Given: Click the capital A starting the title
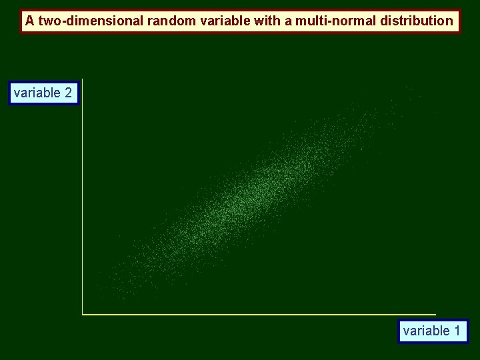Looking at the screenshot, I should pos(29,21).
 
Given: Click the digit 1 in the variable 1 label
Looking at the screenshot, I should pos(457,331).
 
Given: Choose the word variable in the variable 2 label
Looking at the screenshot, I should pos(37,93).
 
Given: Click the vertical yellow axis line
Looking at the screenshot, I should pos(82,200).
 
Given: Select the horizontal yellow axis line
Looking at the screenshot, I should pos(260,313).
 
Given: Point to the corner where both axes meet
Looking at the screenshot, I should pos(82,313).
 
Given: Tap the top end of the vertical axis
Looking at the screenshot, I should pos(82,80).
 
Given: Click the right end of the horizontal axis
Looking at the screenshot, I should pos(435,313).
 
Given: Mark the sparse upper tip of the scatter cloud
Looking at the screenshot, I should pos(407,93).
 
